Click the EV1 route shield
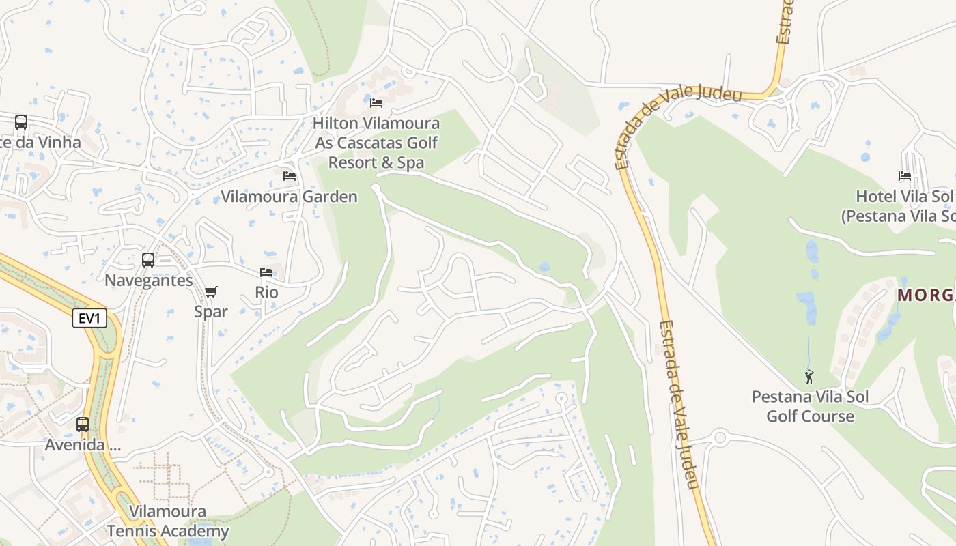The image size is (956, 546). (89, 318)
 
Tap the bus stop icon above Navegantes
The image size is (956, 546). (147, 260)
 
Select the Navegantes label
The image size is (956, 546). (149, 281)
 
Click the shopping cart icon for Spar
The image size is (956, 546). (211, 292)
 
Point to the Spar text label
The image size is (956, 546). (211, 312)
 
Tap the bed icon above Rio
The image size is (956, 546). (266, 272)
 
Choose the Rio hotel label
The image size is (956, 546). (266, 292)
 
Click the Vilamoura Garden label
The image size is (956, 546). (289, 197)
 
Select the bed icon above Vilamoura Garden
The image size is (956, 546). (290, 176)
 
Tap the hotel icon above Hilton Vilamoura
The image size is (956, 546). (376, 103)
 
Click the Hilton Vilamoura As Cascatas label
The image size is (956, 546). (376, 143)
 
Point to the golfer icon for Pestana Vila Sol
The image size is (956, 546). (809, 377)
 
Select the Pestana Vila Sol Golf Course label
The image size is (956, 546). (810, 407)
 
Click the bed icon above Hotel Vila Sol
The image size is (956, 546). (905, 176)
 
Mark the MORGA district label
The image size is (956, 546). (926, 296)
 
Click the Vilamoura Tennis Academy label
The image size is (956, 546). (167, 521)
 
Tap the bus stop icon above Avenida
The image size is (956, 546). (83, 425)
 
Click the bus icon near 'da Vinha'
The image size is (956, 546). (21, 122)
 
